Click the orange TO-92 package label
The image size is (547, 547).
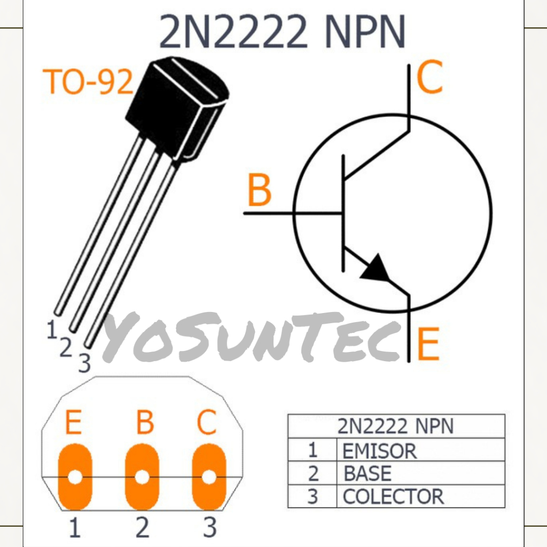pyautogui.click(x=89, y=82)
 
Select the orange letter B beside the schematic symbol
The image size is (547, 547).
pyautogui.click(x=260, y=191)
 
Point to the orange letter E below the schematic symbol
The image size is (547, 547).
pyautogui.click(x=428, y=344)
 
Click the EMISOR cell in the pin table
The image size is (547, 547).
pyautogui.click(x=379, y=451)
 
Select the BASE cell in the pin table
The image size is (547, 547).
pyautogui.click(x=368, y=474)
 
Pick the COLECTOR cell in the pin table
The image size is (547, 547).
pyautogui.click(x=393, y=497)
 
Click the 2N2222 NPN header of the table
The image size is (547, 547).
pyautogui.click(x=395, y=426)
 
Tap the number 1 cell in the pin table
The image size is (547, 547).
pyautogui.click(x=312, y=451)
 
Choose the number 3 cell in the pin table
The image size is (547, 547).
pyautogui.click(x=312, y=497)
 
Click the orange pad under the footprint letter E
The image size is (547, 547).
pyautogui.click(x=75, y=476)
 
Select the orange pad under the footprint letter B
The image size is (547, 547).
pyautogui.click(x=142, y=476)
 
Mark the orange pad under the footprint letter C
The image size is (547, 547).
pyautogui.click(x=209, y=476)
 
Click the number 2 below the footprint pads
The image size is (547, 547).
pyautogui.click(x=142, y=528)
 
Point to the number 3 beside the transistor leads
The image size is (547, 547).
pyautogui.click(x=84, y=363)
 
